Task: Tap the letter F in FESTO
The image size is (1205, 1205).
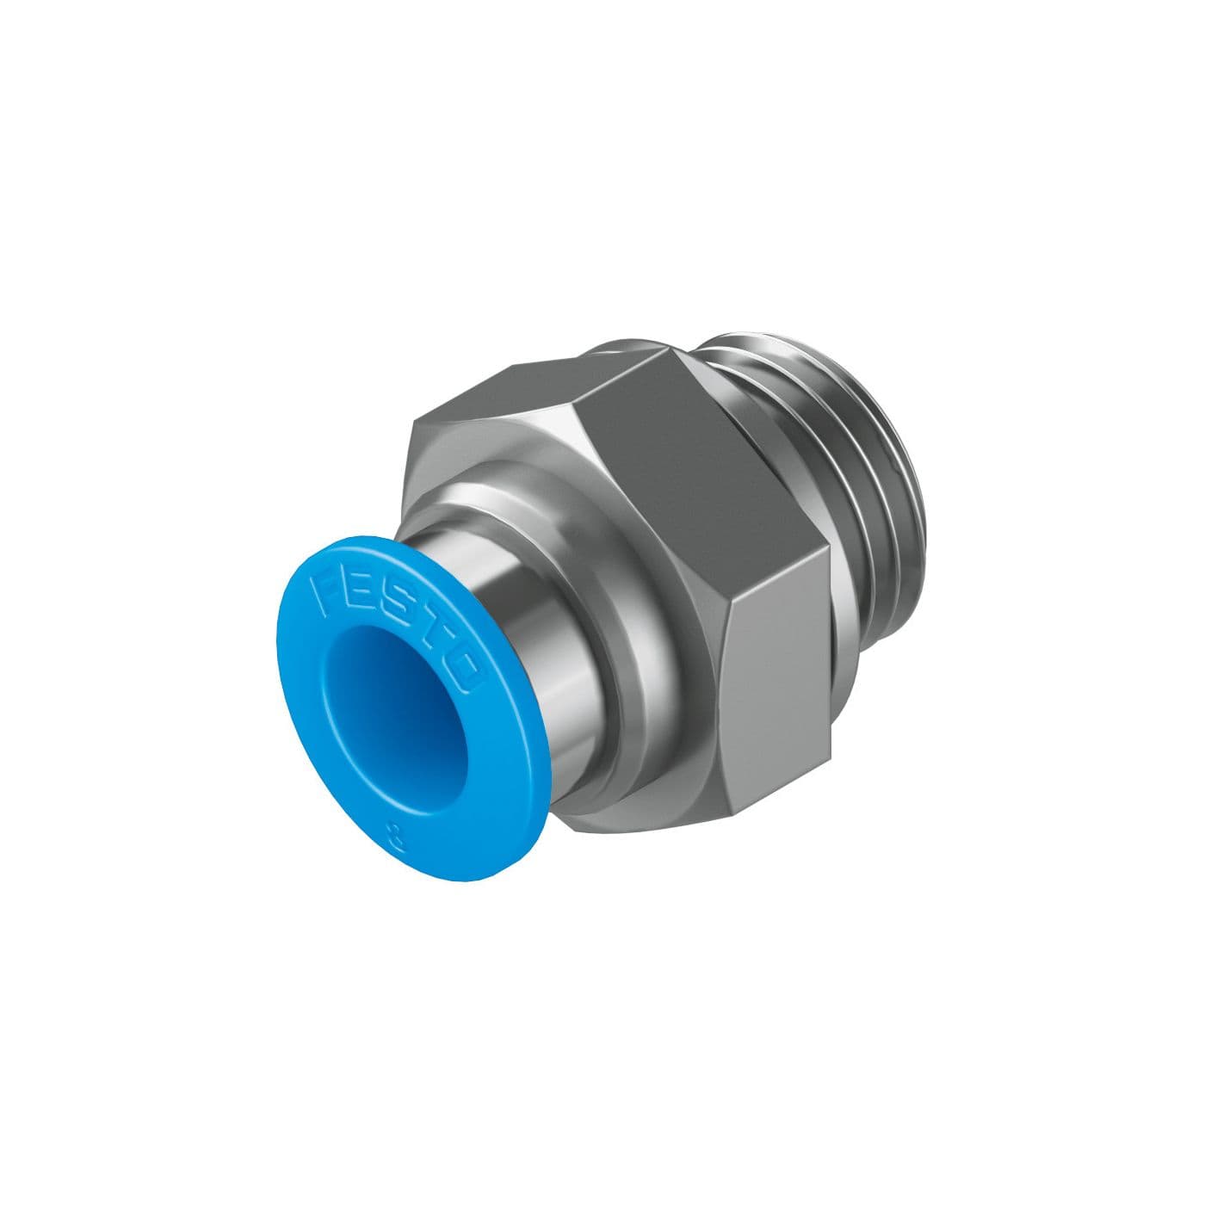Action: pos(327,592)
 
